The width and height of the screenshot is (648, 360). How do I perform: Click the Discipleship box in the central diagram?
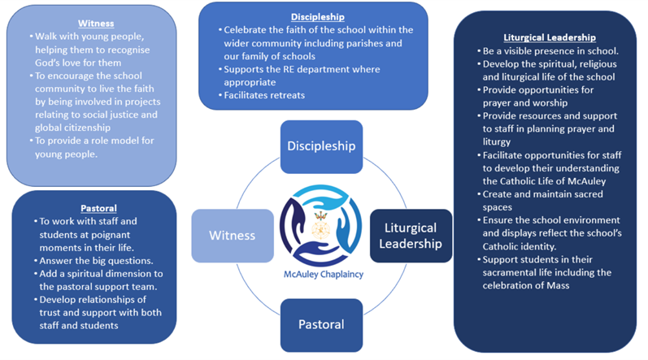tap(321, 146)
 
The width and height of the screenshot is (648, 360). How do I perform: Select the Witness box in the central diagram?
tap(232, 236)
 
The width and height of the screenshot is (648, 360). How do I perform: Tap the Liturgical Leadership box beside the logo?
tap(411, 236)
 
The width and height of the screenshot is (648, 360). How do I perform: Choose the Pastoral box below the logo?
tap(321, 324)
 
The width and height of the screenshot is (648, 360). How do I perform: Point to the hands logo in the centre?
tap(320, 228)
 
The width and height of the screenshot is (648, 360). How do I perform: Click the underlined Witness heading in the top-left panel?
tap(96, 24)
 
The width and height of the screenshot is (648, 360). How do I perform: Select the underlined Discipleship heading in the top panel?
tap(317, 16)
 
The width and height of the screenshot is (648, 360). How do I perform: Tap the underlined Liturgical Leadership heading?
tap(549, 37)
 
